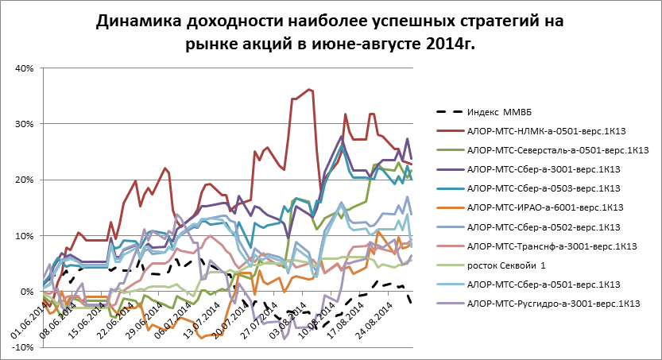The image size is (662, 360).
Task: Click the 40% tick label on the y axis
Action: point(22,68)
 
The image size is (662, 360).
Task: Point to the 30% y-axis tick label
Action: point(22,124)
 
